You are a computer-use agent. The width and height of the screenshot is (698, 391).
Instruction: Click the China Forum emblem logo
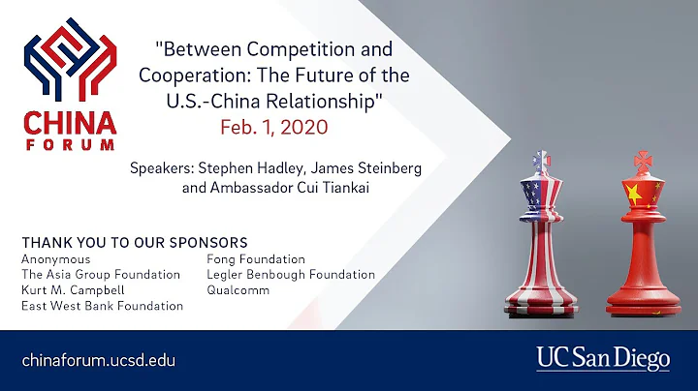[69, 64]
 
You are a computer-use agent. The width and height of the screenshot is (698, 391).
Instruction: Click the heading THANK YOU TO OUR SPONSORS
[134, 241]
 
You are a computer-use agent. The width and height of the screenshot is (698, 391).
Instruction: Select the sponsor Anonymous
[55, 259]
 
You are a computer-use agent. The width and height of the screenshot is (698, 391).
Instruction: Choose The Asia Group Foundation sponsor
[101, 275]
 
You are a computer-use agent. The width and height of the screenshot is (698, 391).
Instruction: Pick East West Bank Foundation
[102, 306]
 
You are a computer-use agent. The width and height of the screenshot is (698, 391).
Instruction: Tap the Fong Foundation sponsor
[256, 259]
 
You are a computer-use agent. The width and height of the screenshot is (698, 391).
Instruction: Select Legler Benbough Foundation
[290, 275]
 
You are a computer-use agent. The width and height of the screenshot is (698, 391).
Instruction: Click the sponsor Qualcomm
[238, 289]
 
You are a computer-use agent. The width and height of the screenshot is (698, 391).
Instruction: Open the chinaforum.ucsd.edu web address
[99, 359]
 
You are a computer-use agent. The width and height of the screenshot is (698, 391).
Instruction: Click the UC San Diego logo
[603, 359]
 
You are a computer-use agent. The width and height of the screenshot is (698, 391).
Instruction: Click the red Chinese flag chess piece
[642, 232]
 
